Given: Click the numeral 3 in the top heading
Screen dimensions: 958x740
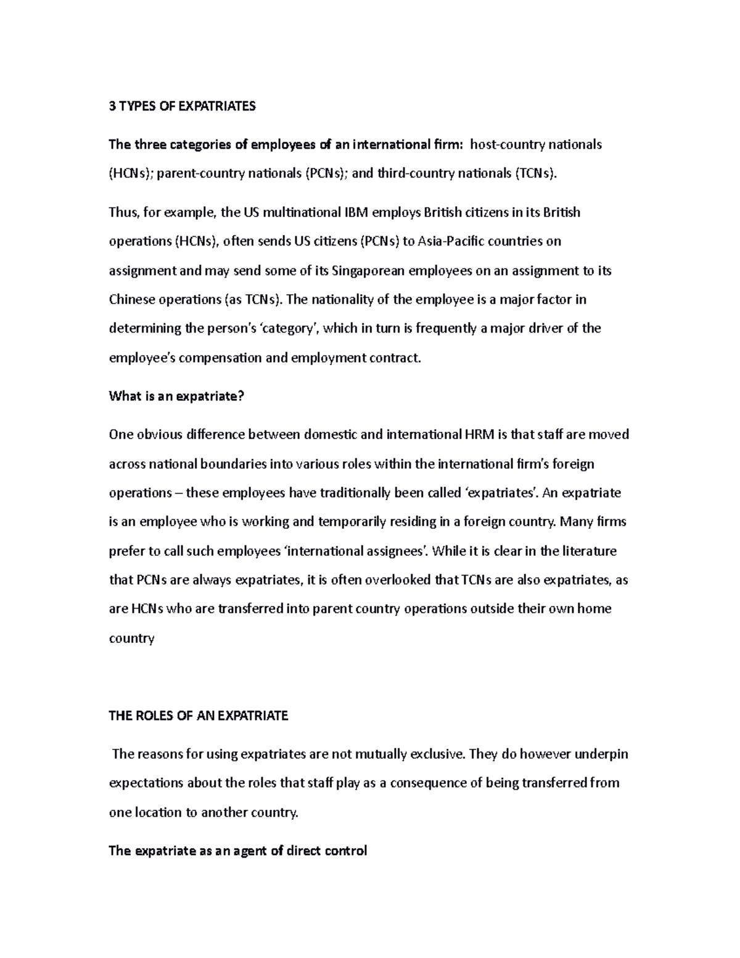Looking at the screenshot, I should point(112,107).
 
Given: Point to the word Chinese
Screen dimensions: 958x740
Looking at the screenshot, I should point(131,300).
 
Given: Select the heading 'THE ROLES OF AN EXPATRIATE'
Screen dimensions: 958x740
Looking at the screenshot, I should point(198,716).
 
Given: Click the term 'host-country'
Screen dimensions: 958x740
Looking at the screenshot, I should point(508,144).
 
